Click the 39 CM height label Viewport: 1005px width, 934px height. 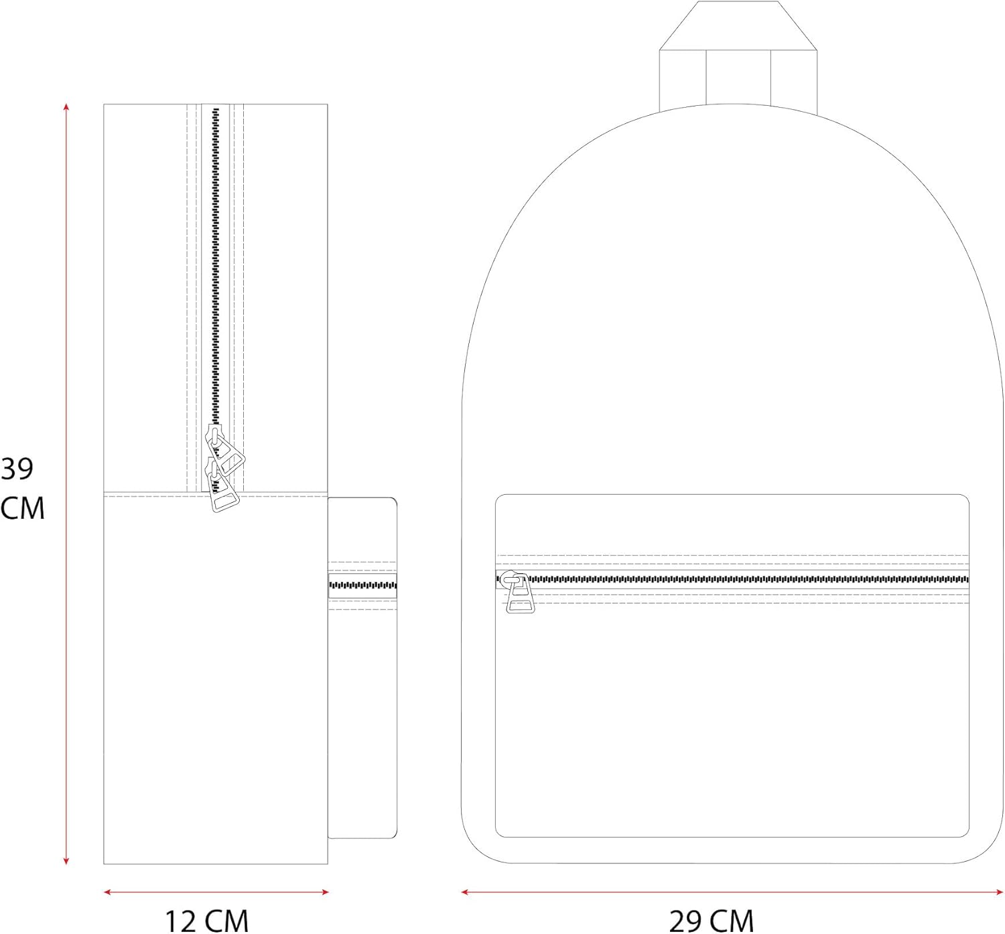[22, 488]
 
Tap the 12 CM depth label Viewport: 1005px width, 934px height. [206, 920]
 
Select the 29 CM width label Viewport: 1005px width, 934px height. [711, 920]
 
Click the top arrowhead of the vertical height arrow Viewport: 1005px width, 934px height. [66, 106]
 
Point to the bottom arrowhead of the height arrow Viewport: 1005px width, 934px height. [66, 861]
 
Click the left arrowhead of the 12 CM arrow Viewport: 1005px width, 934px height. [107, 892]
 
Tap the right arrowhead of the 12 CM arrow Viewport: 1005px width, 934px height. [325, 892]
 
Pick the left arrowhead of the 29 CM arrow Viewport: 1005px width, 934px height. [465, 892]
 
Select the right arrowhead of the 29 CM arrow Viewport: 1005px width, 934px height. [999, 892]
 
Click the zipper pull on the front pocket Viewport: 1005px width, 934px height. [518, 593]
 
